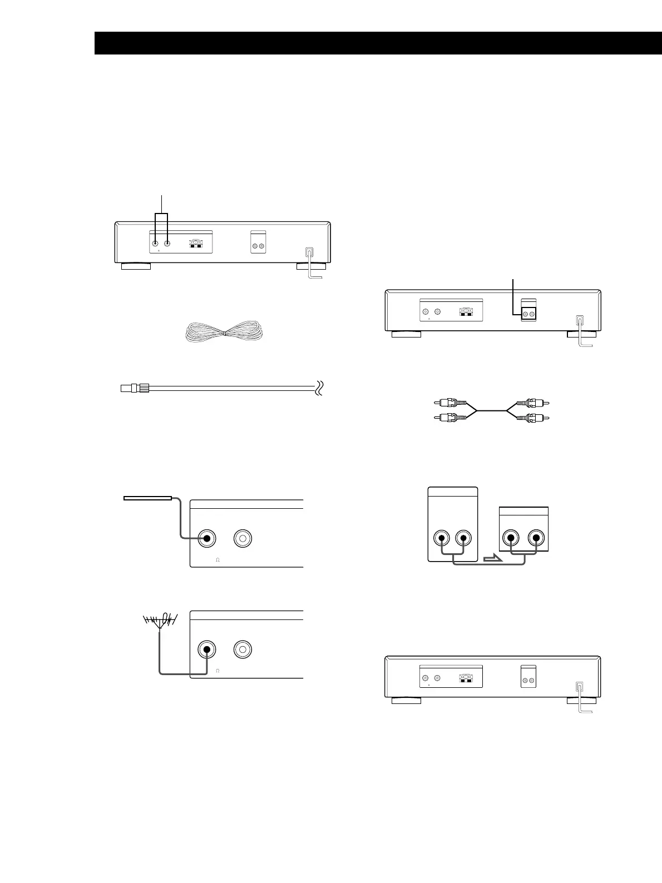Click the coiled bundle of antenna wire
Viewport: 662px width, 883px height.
(x=223, y=332)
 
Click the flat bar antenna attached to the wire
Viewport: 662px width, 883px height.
(x=147, y=498)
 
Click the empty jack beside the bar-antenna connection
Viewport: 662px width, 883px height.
(x=243, y=538)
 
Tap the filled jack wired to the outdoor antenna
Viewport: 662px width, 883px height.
(x=208, y=649)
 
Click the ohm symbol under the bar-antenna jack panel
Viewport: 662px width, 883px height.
(x=218, y=560)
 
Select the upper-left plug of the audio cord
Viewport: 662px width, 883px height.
(x=446, y=403)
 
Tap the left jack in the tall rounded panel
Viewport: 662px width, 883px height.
(x=442, y=538)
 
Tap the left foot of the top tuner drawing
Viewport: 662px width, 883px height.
(x=136, y=266)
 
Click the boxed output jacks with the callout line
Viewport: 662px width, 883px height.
(x=528, y=314)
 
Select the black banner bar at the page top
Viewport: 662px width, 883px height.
(x=378, y=43)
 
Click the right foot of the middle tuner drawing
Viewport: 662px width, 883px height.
(x=581, y=334)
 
